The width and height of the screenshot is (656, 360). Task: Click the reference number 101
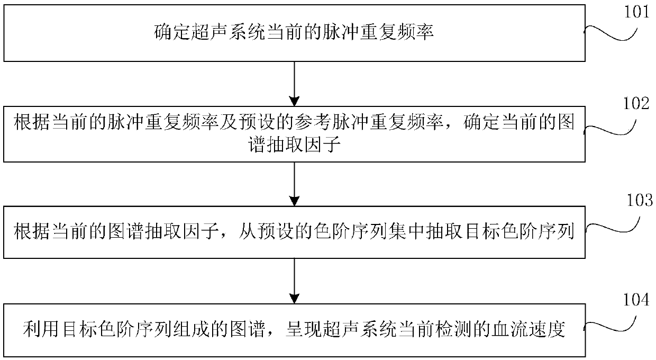pyautogui.click(x=637, y=12)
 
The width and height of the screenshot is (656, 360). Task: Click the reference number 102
pyautogui.click(x=636, y=104)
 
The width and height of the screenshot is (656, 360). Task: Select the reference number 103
pyautogui.click(x=638, y=201)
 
